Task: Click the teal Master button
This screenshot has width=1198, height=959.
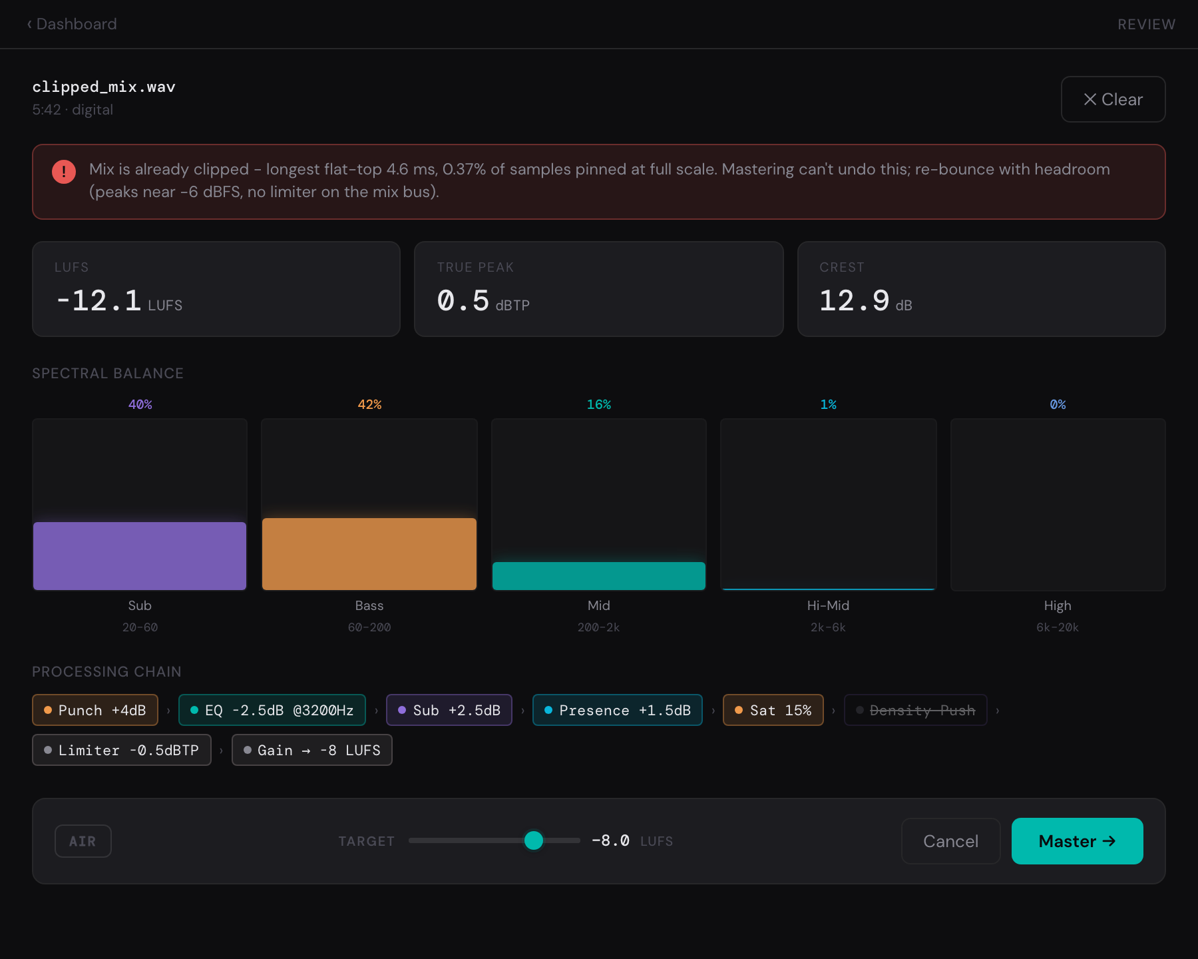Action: pyautogui.click(x=1077, y=841)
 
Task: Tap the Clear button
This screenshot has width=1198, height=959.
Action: pyautogui.click(x=1113, y=99)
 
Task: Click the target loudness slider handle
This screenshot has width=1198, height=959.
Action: pyautogui.click(x=534, y=840)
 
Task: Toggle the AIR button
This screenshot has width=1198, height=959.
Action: pyautogui.click(x=83, y=841)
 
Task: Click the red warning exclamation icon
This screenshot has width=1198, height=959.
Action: pyautogui.click(x=64, y=172)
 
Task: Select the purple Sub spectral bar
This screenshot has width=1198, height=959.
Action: pyautogui.click(x=140, y=556)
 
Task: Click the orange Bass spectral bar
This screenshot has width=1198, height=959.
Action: pyautogui.click(x=369, y=554)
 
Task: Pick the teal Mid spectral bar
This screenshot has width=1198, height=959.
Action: pyautogui.click(x=599, y=576)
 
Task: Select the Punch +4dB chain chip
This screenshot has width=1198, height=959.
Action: pyautogui.click(x=95, y=710)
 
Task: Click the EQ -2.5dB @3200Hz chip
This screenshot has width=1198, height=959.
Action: pyautogui.click(x=272, y=710)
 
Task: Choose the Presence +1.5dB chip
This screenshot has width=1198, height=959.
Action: pyautogui.click(x=618, y=710)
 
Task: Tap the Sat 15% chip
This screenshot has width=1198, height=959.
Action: pyautogui.click(x=773, y=710)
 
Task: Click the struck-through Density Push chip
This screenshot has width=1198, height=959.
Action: pyautogui.click(x=916, y=710)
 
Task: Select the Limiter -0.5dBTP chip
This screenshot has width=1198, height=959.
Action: pyautogui.click(x=122, y=750)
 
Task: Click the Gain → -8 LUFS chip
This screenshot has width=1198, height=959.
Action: pyautogui.click(x=312, y=750)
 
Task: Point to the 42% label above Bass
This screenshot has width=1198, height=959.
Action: pyautogui.click(x=369, y=404)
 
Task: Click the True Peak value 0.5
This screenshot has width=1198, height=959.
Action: pyautogui.click(x=463, y=300)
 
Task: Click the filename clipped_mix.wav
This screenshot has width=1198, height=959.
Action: pyautogui.click(x=104, y=87)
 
